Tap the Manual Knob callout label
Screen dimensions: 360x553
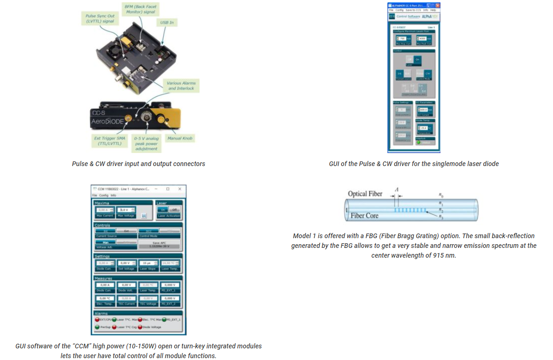180,138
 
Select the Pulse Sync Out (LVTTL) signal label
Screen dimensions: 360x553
100,19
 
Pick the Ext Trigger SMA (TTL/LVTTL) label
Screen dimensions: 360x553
109,141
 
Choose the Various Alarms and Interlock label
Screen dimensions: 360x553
181,86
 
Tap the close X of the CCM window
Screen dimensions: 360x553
180,189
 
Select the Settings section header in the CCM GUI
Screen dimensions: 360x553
102,256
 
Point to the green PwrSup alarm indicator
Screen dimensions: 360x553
97,327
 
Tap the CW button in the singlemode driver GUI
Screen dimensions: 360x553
428,73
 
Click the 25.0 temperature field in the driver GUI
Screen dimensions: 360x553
423,127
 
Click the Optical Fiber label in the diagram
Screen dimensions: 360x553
365,193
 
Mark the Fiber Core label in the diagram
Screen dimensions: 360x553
365,216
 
